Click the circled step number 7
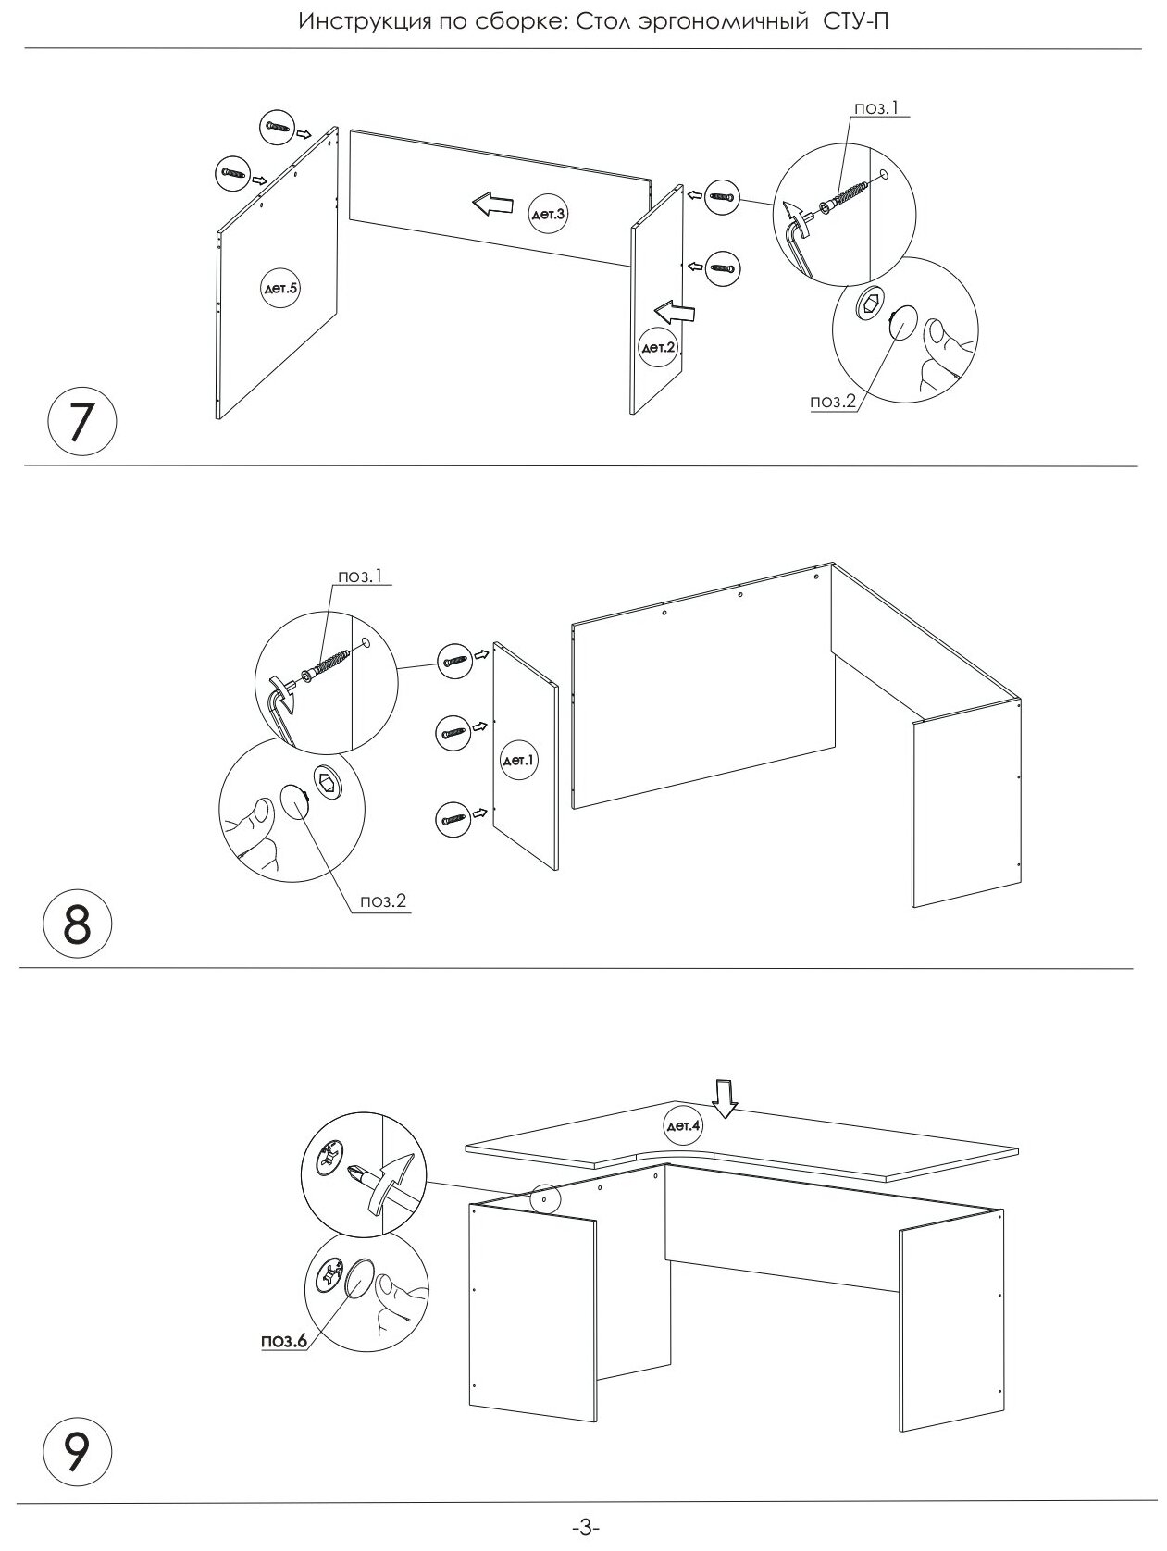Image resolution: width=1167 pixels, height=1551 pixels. [x=81, y=424]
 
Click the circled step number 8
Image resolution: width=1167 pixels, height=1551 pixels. [x=79, y=926]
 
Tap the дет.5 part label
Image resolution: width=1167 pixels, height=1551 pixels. [x=280, y=289]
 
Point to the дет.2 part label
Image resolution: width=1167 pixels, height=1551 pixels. [x=658, y=347]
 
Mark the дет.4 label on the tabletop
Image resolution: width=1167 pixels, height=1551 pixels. [x=685, y=1126]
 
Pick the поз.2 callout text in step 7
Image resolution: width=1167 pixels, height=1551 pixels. [x=832, y=401]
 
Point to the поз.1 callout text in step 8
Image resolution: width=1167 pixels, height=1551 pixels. [x=360, y=576]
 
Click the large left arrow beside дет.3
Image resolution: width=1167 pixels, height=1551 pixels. [x=490, y=204]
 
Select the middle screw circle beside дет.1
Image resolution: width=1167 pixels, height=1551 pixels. [x=453, y=732]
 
